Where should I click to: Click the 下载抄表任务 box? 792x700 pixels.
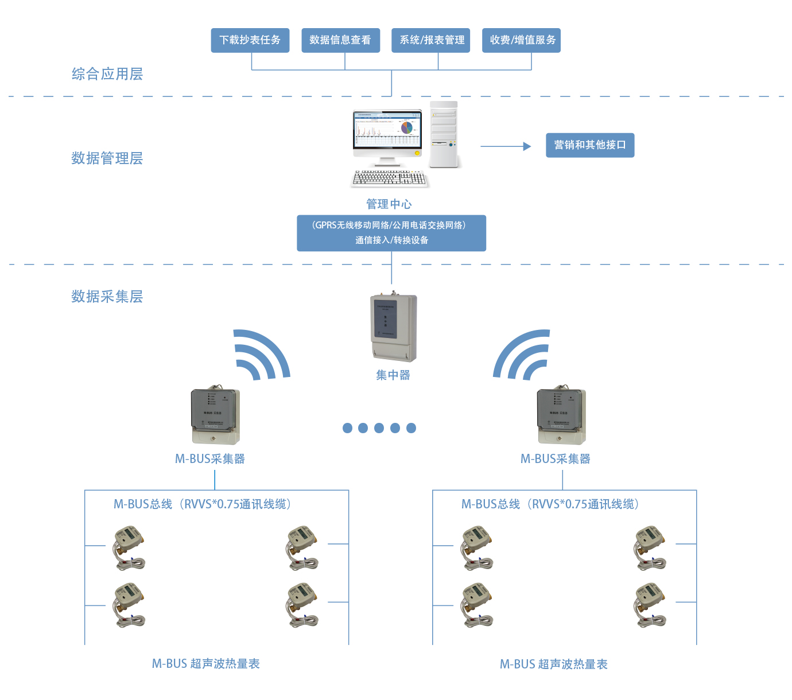pyautogui.click(x=250, y=40)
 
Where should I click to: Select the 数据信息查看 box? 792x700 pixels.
pyautogui.click(x=340, y=40)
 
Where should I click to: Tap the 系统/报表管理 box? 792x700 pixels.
pyautogui.click(x=430, y=40)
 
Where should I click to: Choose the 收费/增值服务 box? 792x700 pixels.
pyautogui.click(x=521, y=40)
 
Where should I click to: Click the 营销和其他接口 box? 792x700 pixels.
pyautogui.click(x=590, y=145)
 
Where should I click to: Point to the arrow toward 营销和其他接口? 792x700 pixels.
pyautogui.click(x=506, y=146)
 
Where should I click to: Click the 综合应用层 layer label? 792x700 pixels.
pyautogui.click(x=107, y=74)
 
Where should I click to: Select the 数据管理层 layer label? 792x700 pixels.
pyautogui.click(x=107, y=158)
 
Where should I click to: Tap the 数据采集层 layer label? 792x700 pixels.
pyautogui.click(x=107, y=297)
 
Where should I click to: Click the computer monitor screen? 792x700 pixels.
pyautogui.click(x=387, y=131)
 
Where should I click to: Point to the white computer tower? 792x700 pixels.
pyautogui.click(x=444, y=135)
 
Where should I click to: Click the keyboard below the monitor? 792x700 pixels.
pyautogui.click(x=390, y=178)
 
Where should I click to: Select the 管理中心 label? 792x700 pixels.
pyautogui.click(x=389, y=204)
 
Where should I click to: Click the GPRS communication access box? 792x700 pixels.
pyautogui.click(x=391, y=233)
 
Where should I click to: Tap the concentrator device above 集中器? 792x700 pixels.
pyautogui.click(x=394, y=327)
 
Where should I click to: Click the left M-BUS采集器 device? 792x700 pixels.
pyautogui.click(x=215, y=417)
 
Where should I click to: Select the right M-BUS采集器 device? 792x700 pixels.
pyautogui.click(x=561, y=417)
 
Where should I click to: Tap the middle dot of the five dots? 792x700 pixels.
pyautogui.click(x=379, y=428)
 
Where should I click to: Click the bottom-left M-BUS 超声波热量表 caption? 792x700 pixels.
pyautogui.click(x=206, y=664)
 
